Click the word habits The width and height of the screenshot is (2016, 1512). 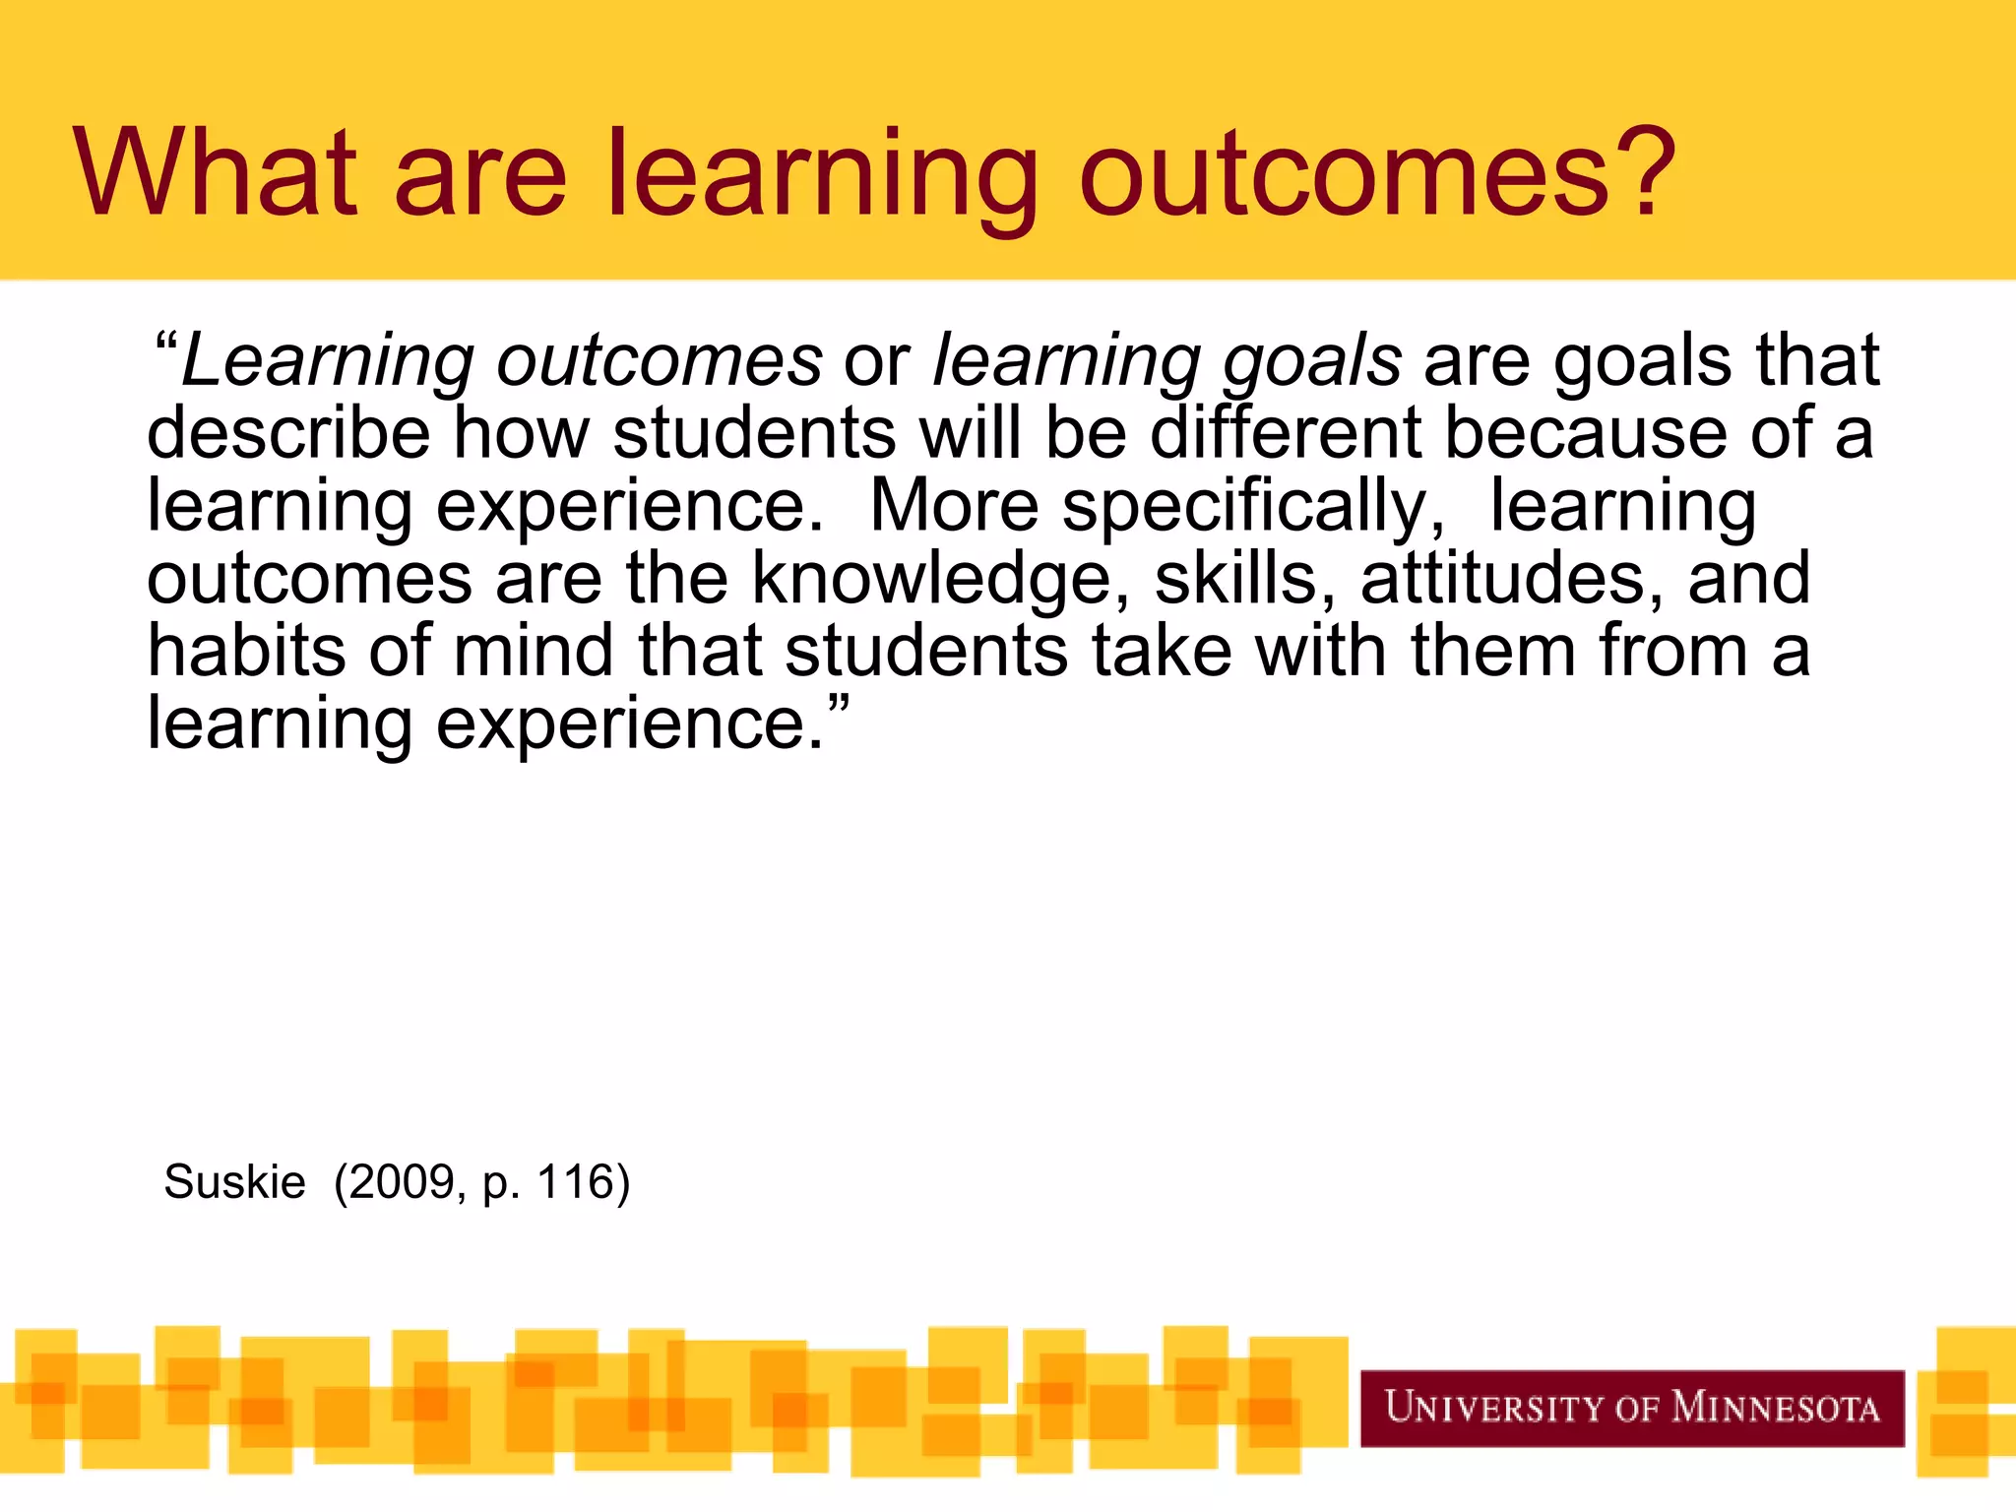[246, 652]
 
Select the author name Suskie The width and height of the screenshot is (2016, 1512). [234, 1181]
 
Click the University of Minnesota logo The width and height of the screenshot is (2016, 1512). [1631, 1408]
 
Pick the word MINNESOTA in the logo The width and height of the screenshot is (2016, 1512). [1776, 1408]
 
